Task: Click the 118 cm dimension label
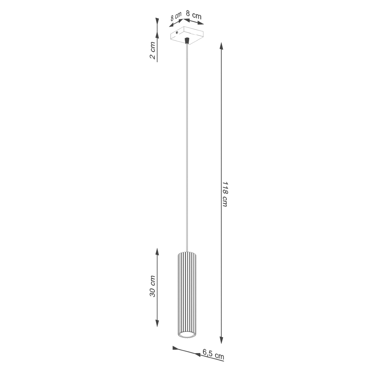[x=225, y=194]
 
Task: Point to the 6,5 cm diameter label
[x=213, y=354]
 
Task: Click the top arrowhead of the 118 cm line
[x=221, y=46]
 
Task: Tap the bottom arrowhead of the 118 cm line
[x=221, y=340]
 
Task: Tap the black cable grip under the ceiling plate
[x=187, y=41]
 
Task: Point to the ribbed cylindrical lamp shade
[x=187, y=292]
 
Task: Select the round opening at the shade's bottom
[x=187, y=334]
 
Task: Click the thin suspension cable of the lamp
[x=187, y=146]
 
